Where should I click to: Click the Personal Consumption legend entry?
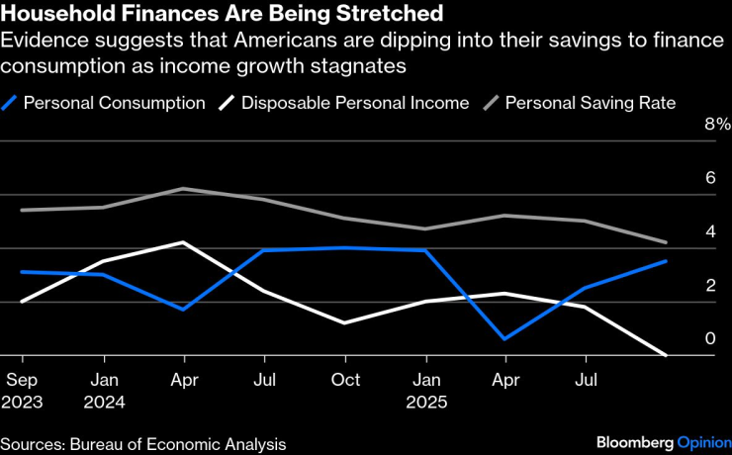click(114, 103)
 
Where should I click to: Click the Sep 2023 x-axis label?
click(22, 390)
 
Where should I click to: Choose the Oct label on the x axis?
click(344, 379)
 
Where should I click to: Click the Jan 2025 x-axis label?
click(425, 390)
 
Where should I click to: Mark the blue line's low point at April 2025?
click(505, 338)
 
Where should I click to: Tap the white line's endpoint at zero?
click(665, 354)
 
